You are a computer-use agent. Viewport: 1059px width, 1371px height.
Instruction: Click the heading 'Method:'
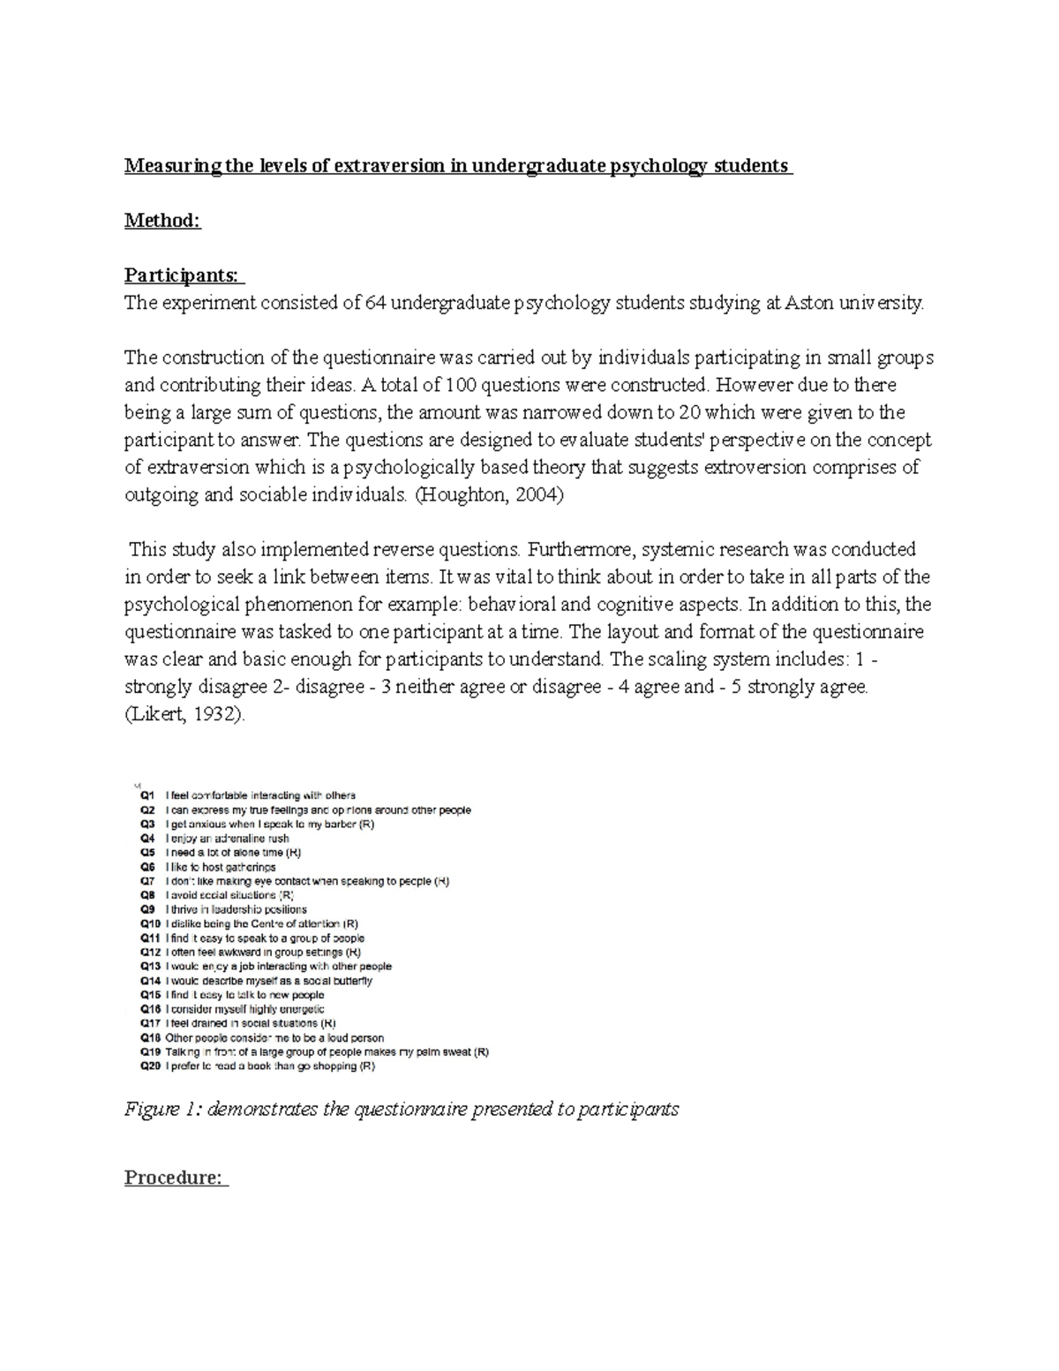click(x=162, y=221)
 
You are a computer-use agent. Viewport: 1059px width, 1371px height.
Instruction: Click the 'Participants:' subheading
click(x=183, y=275)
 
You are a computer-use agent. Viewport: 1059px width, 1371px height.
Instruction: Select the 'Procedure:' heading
click(x=175, y=1178)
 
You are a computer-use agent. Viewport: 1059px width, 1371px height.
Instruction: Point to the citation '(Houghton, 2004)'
click(x=487, y=495)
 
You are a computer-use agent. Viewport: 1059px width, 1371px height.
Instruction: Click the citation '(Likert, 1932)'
click(x=183, y=715)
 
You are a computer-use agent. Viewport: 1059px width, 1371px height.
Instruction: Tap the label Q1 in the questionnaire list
click(x=147, y=795)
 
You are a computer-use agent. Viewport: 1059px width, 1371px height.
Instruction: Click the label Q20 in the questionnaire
click(x=150, y=1066)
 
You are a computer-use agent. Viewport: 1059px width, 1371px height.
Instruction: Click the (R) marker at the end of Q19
click(x=481, y=1052)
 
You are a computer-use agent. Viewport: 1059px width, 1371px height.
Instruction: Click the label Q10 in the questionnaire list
click(x=150, y=924)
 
